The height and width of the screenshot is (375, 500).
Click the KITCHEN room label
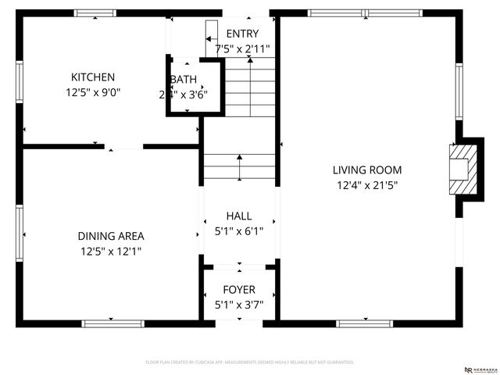[x=93, y=77]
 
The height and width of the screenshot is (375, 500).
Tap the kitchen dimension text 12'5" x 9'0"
[x=93, y=92]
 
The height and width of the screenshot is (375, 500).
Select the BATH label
[x=185, y=80]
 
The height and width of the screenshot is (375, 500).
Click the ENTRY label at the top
[x=242, y=34]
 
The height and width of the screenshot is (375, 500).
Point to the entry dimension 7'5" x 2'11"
[x=242, y=48]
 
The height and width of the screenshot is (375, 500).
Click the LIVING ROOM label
[x=367, y=170]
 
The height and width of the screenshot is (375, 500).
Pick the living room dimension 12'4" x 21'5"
[x=367, y=185]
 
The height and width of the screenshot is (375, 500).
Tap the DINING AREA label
[x=110, y=236]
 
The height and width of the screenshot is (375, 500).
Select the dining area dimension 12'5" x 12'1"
[x=110, y=252]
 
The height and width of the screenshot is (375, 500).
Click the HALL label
[x=239, y=216]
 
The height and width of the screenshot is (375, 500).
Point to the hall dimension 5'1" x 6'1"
[x=239, y=231]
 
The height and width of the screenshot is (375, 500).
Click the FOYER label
[x=239, y=290]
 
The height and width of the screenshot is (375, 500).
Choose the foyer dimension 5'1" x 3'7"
[x=239, y=305]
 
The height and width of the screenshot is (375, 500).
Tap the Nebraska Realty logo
[x=479, y=368]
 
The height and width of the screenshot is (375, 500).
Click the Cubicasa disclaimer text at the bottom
[x=250, y=362]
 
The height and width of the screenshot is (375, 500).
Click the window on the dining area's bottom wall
[x=113, y=323]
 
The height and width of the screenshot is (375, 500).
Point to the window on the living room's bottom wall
[x=364, y=323]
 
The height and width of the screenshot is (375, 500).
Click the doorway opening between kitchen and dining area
[x=124, y=146]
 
